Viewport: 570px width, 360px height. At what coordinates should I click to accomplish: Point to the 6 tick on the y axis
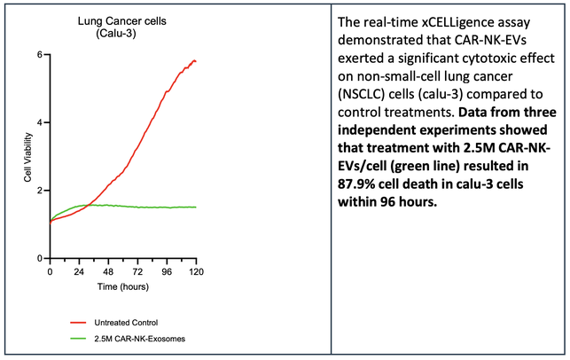(40, 55)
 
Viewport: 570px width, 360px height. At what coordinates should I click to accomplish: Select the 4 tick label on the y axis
(40, 122)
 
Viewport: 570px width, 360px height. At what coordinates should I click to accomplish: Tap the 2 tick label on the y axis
(40, 191)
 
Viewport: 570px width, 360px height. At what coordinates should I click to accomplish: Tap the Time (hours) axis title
(121, 288)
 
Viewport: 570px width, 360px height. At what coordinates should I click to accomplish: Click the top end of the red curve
(194, 60)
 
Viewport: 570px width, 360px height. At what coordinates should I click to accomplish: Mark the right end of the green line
(196, 207)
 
